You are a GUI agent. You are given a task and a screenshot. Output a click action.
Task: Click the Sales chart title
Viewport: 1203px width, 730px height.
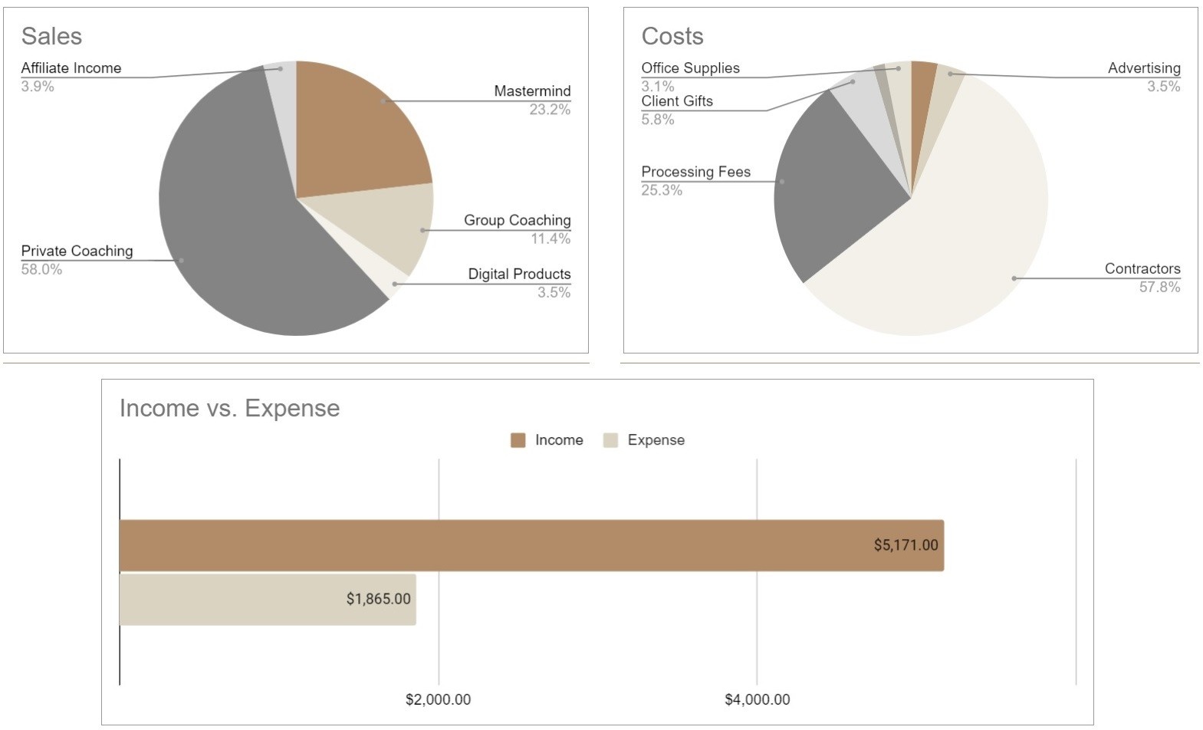tap(51, 36)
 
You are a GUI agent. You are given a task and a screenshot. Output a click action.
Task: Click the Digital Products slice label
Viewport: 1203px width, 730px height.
tap(519, 275)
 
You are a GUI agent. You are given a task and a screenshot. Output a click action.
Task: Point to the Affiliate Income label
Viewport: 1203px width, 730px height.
tap(71, 68)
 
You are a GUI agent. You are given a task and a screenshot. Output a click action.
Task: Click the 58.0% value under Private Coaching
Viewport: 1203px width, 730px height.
tap(41, 269)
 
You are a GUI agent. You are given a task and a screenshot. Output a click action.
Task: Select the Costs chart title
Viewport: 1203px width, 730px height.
tap(672, 36)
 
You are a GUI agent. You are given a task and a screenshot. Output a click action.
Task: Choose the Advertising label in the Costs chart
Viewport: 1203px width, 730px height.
tap(1143, 68)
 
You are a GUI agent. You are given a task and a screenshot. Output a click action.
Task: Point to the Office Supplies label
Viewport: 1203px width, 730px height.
tap(690, 68)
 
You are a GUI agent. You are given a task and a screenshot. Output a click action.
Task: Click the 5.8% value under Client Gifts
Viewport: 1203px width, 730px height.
tap(657, 120)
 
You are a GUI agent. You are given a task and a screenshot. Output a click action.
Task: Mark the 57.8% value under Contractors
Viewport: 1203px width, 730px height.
tap(1159, 287)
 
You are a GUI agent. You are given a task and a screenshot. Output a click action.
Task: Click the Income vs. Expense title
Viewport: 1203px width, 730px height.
tap(229, 408)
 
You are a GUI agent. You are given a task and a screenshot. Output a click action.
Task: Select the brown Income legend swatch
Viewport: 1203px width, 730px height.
tap(518, 440)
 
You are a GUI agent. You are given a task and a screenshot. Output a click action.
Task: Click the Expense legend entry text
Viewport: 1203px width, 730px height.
tap(656, 440)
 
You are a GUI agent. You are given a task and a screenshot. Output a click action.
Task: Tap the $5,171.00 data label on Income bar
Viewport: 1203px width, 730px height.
tap(906, 545)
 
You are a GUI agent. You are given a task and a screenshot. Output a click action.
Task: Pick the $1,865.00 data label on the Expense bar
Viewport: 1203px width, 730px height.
tap(378, 599)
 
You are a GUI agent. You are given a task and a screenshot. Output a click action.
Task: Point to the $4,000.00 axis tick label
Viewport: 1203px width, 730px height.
tap(757, 699)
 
